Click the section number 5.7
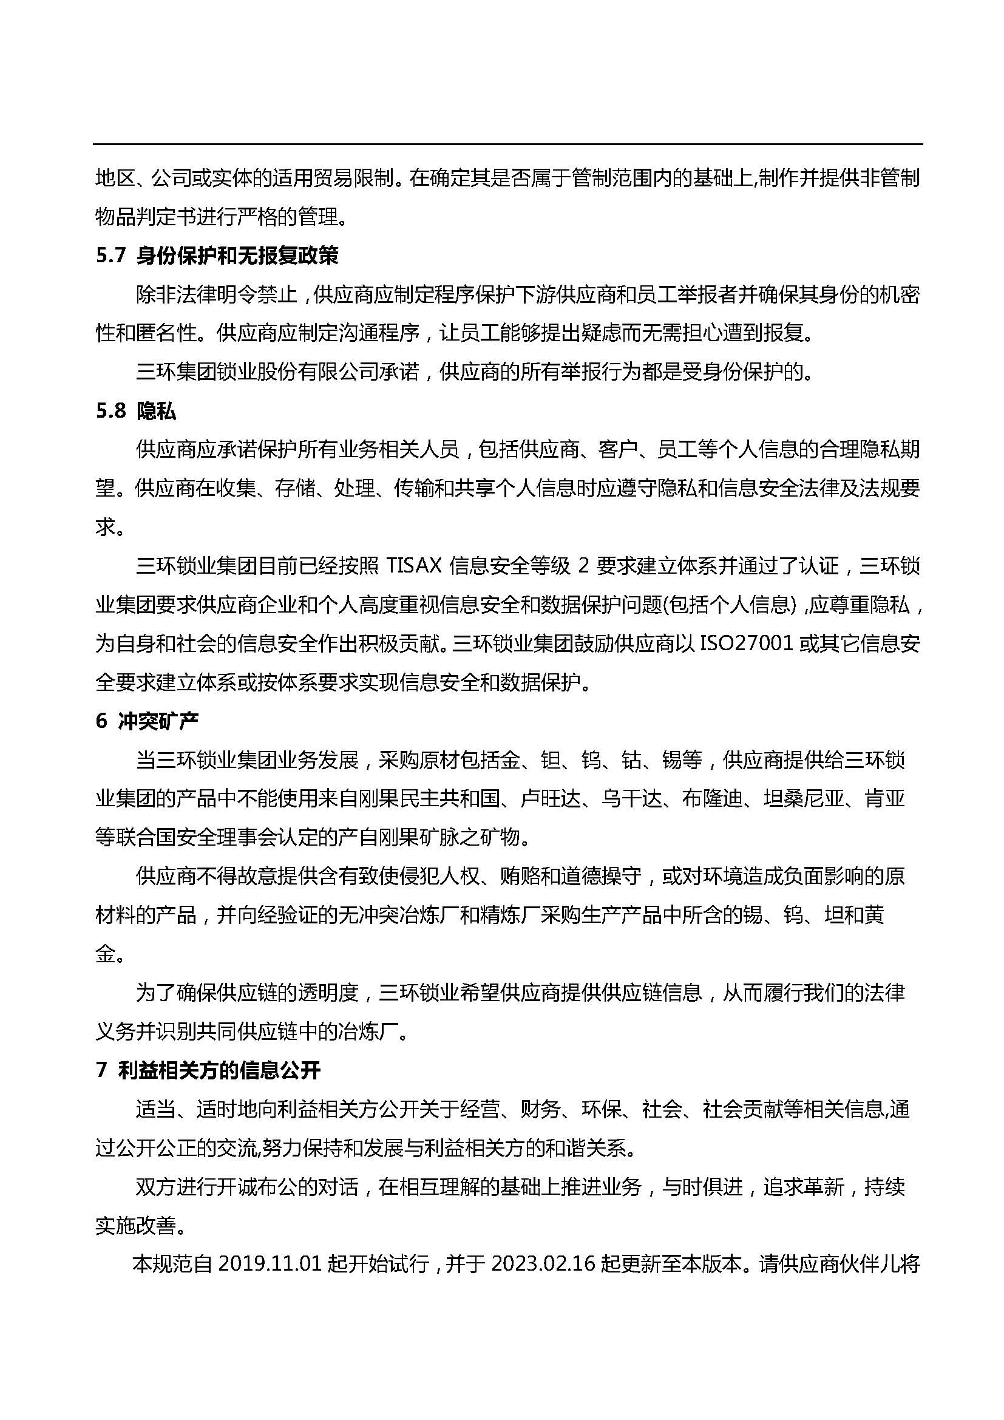click(110, 256)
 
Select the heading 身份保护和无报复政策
click(237, 256)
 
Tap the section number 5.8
click(110, 410)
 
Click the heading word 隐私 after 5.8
click(157, 410)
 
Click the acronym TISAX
click(411, 566)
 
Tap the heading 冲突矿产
click(158, 721)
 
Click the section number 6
click(101, 721)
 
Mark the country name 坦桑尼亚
click(804, 798)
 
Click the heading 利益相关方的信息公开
click(220, 1070)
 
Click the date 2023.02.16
click(543, 1264)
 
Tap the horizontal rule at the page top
click(507, 144)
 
